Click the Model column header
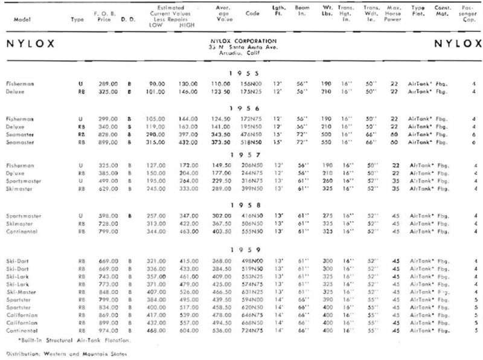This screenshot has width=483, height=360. [x=17, y=19]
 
